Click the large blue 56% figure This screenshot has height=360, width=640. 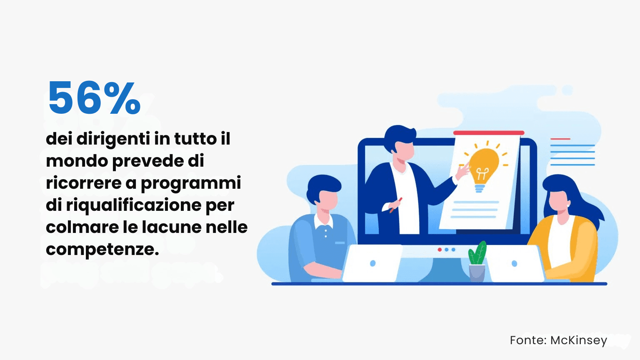(x=94, y=98)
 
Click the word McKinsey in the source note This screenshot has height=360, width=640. (x=578, y=340)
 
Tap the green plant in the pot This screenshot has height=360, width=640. (x=477, y=253)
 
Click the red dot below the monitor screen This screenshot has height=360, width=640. (x=440, y=250)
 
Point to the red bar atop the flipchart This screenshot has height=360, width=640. (x=488, y=133)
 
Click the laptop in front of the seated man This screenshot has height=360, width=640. (x=372, y=263)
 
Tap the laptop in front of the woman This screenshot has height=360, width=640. (x=515, y=264)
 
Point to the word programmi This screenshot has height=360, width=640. (x=191, y=183)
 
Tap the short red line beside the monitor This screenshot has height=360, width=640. (x=560, y=139)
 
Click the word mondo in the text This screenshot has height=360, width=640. (x=77, y=161)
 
